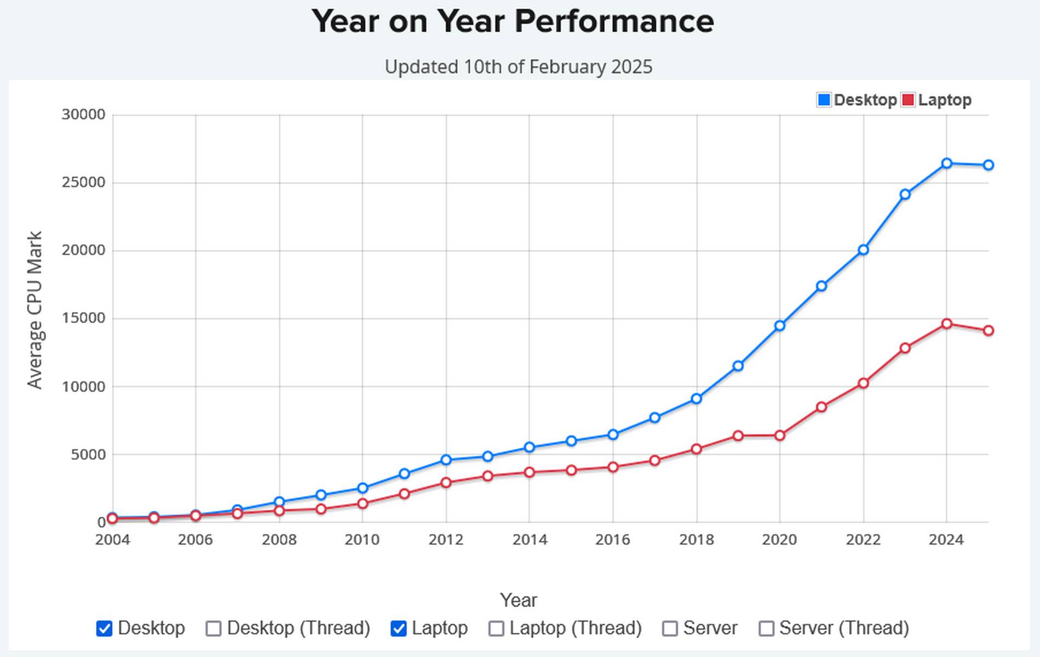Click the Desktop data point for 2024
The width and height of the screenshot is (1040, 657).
pos(946,163)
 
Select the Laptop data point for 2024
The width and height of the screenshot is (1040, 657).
pos(946,324)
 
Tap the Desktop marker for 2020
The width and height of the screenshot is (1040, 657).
pos(779,326)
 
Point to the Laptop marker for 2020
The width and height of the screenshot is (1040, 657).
pos(779,436)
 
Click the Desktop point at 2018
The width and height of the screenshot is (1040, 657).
pos(696,399)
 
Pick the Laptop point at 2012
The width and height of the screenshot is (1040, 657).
pos(446,482)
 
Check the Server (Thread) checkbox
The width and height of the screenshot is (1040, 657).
pos(766,629)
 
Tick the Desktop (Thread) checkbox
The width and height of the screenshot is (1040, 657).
pos(214,629)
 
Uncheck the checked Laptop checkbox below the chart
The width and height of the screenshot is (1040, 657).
pos(399,629)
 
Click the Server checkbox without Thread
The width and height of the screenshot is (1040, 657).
pos(670,629)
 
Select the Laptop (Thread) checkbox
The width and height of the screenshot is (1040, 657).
pos(496,629)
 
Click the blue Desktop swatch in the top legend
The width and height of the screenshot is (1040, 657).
pos(823,100)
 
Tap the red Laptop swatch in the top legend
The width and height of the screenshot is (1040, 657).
pos(907,100)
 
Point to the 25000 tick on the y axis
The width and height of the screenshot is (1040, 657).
pos(83,182)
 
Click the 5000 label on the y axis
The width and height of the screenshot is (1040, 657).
pos(88,454)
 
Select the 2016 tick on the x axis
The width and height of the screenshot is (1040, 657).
pos(612,540)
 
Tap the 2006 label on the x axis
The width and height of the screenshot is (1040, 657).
pos(195,540)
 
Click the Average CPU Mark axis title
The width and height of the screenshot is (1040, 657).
pos(35,310)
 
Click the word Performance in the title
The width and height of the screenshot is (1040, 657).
pos(614,22)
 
